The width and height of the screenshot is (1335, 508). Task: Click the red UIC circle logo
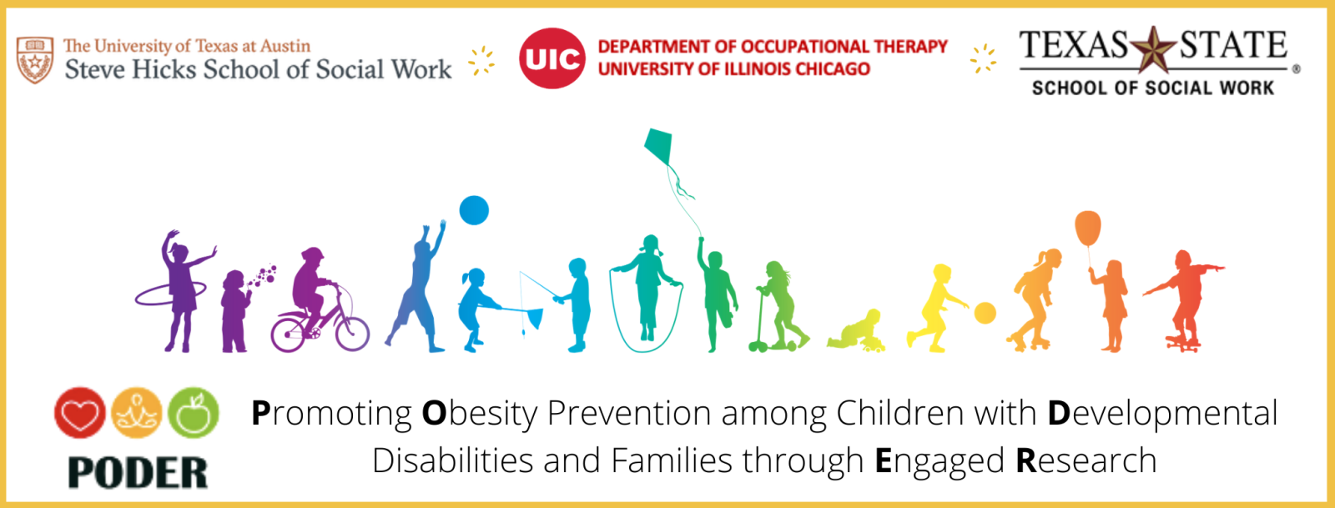[x=552, y=58]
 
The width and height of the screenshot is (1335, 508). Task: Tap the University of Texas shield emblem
[x=34, y=59]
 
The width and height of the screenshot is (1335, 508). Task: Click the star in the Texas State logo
[x=1153, y=49]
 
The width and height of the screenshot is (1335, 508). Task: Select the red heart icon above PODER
[x=80, y=413]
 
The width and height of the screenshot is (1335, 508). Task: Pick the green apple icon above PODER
[x=193, y=413]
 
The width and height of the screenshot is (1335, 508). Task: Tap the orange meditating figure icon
[x=137, y=413]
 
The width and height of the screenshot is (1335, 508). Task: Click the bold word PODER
[x=138, y=473]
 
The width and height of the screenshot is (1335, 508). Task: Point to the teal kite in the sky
[x=658, y=147]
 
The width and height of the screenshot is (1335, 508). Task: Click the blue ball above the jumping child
[x=474, y=210]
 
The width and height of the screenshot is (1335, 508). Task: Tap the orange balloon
[x=1088, y=228]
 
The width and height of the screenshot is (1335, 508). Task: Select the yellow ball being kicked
[x=985, y=313]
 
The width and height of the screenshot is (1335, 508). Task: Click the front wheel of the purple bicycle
[x=352, y=334]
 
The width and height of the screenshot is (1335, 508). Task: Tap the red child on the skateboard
[x=1183, y=301]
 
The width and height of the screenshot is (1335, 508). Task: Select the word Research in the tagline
[x=1086, y=460]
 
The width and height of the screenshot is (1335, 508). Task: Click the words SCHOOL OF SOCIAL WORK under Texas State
[x=1152, y=88]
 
